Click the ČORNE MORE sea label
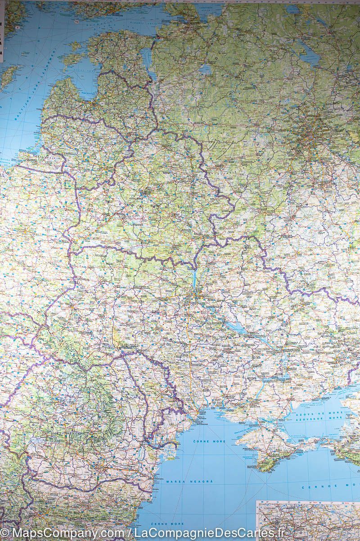pos(209,441)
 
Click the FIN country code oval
pos(77,22)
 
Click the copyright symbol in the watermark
pos(5,534)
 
